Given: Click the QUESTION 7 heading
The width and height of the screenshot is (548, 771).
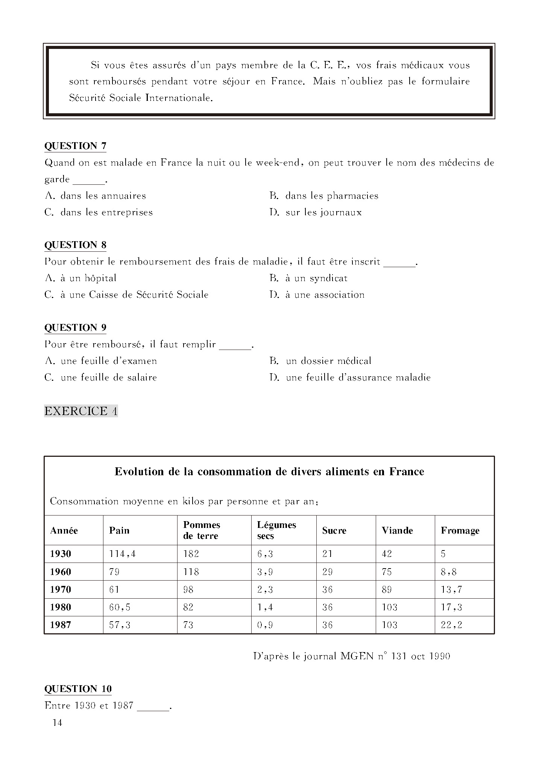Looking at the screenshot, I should coord(75,146).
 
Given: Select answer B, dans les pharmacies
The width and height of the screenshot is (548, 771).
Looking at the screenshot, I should coord(324,196).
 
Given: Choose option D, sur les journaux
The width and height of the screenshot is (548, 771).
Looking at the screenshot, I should coord(316,212).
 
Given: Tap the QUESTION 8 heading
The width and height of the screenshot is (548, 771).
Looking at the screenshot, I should coord(75,245).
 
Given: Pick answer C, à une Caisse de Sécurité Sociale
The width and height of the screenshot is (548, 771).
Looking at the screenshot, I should coord(126,295).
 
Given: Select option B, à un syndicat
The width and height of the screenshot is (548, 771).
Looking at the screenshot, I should coord(308,278).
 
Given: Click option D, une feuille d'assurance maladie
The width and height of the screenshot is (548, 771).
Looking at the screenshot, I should coord(350,377).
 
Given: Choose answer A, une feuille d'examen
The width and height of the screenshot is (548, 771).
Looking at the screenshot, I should coord(101,361).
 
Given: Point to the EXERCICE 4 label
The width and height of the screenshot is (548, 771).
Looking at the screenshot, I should coord(81,411).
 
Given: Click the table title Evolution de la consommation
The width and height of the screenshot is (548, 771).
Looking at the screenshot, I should coord(269,472).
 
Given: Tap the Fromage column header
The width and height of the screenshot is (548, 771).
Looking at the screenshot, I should coord(460,531).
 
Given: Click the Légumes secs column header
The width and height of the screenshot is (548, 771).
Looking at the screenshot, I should coord(276,530).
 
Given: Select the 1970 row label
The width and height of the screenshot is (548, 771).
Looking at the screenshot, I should coord(61,589).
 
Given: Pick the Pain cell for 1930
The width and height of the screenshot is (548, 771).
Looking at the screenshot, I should coord(122,554).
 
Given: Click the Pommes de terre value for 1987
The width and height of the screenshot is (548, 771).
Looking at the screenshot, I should coord(188,625).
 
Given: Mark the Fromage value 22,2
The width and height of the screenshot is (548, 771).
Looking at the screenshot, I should coord(451,625).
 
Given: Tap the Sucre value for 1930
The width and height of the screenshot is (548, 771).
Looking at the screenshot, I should coord(327,554).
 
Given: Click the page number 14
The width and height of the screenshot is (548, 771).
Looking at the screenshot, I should coord(58,722).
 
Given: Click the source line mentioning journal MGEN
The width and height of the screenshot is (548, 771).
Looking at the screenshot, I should coord(352,656).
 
